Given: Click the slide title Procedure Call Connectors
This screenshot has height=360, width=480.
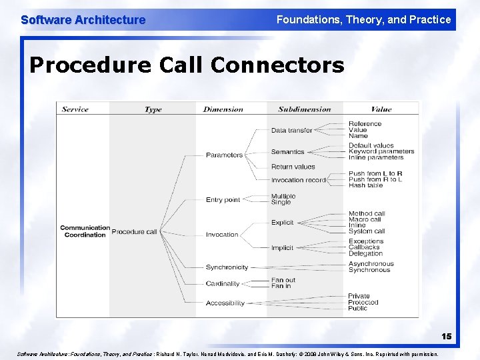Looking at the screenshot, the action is click(x=187, y=65).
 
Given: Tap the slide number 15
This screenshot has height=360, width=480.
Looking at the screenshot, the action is click(x=446, y=337).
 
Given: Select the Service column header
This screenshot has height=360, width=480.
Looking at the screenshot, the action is click(x=75, y=109).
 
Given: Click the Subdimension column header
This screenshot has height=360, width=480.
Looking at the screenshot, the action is click(x=304, y=109).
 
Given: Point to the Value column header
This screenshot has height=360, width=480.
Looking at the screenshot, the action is click(x=381, y=109).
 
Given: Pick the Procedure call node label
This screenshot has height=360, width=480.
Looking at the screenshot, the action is click(x=134, y=232).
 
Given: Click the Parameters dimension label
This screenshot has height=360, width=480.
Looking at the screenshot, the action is click(x=224, y=155).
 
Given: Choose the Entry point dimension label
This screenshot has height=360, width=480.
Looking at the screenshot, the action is click(x=223, y=200).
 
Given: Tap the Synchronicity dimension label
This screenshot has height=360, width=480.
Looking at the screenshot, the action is click(x=227, y=267).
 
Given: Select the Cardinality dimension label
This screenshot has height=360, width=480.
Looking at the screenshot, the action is click(x=223, y=284).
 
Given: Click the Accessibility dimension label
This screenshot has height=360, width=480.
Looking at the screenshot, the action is click(x=225, y=303).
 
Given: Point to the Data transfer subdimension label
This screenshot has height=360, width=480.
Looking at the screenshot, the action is click(x=291, y=131).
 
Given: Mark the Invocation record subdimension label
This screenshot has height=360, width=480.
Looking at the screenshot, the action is click(x=298, y=180).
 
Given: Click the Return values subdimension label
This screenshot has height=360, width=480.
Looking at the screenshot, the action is click(x=293, y=167).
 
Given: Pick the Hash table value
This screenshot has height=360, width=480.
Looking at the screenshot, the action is click(x=365, y=185).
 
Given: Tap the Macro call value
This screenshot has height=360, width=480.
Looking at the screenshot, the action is click(x=365, y=220).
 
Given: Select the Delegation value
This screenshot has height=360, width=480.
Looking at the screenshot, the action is click(x=365, y=253).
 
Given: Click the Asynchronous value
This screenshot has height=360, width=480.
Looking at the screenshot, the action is click(x=371, y=264).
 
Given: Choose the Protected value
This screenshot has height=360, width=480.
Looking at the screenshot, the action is click(x=363, y=303).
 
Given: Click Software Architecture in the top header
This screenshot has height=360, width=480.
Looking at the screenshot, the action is click(x=83, y=20).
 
